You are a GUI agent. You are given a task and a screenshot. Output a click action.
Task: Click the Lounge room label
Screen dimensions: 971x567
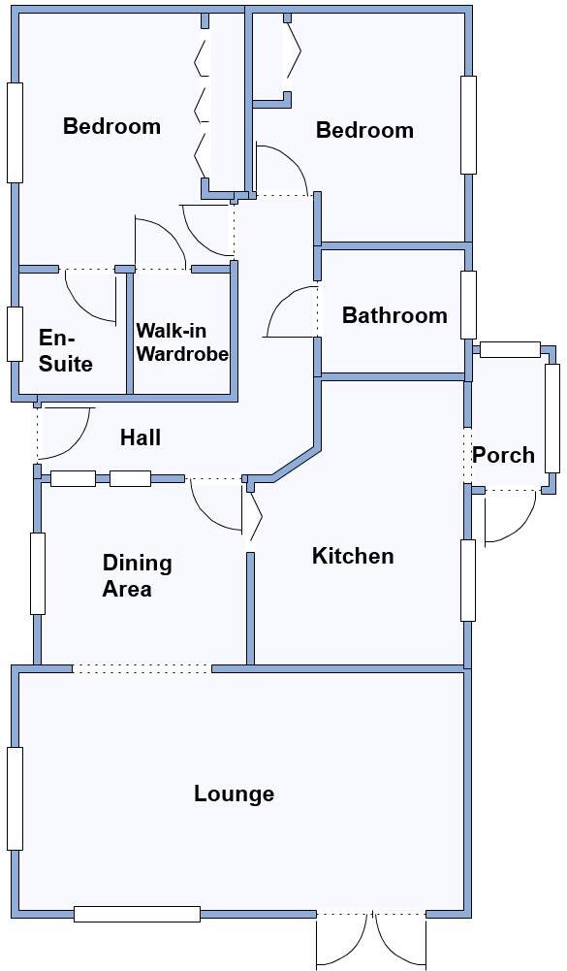[234, 793]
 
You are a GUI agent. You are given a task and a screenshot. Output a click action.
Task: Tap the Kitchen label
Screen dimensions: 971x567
[353, 556]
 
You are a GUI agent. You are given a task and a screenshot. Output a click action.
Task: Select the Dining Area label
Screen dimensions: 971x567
[137, 575]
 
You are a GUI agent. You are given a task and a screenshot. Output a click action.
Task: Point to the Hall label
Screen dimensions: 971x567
[141, 437]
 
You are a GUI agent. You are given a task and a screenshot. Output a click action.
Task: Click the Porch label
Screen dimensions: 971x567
[503, 455]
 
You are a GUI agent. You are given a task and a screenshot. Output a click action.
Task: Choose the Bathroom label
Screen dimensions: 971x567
[394, 315]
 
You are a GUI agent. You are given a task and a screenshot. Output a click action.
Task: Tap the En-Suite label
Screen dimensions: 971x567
[66, 350]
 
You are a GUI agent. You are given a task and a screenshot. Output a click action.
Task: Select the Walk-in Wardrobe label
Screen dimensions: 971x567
[181, 342]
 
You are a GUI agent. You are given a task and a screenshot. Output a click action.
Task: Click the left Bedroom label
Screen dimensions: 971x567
[111, 126]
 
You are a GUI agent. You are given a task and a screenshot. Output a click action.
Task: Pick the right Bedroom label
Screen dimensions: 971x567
[364, 130]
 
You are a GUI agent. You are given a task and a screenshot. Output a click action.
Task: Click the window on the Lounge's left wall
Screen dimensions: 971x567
[15, 798]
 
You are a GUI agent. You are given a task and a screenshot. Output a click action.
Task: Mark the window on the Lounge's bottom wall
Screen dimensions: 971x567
[137, 914]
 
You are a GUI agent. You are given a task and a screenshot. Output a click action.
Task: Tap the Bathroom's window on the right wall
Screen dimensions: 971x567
[469, 305]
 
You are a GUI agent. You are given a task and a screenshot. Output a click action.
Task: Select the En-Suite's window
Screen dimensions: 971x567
[15, 334]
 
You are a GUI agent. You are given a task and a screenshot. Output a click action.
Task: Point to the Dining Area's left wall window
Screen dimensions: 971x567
[38, 573]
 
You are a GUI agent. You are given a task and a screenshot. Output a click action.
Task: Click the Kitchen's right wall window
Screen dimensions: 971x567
[468, 580]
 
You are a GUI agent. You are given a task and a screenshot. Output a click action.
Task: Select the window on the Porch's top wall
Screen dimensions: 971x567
[510, 350]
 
